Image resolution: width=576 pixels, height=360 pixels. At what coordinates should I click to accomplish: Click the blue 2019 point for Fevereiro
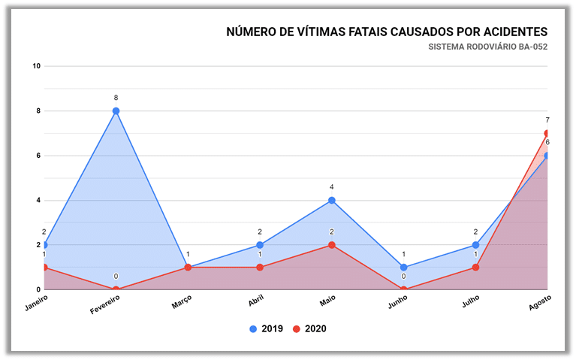(x=116, y=111)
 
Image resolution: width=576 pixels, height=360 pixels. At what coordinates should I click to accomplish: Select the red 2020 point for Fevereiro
(x=116, y=289)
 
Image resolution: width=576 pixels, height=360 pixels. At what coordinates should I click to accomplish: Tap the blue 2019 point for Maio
(x=331, y=201)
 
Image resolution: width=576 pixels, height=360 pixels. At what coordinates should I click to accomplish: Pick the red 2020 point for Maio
(x=331, y=245)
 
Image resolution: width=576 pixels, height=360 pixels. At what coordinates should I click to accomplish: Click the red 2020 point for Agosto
(x=547, y=134)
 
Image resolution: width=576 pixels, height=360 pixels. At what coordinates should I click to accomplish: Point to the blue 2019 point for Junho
(x=403, y=268)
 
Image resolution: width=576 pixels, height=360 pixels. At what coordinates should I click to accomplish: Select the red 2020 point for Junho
(x=403, y=289)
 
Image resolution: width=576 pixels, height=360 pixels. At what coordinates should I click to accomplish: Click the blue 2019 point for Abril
(x=260, y=245)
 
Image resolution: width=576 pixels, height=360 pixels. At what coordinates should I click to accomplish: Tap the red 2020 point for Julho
(x=475, y=268)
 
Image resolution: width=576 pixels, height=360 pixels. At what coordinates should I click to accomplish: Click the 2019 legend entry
(x=267, y=328)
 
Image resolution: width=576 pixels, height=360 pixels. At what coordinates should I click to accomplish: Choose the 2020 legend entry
(x=309, y=328)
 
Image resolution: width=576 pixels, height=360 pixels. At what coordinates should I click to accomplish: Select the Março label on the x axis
(x=182, y=302)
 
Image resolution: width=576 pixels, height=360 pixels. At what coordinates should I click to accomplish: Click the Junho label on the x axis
(x=397, y=303)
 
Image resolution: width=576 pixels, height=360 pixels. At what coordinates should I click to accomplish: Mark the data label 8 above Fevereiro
(x=116, y=98)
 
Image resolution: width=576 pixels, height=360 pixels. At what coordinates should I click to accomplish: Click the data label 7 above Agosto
(x=547, y=120)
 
